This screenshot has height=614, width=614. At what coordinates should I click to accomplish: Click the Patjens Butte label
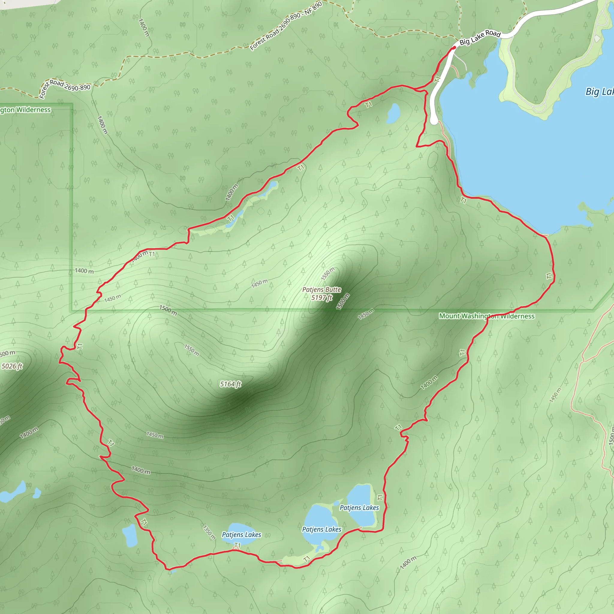[322, 290]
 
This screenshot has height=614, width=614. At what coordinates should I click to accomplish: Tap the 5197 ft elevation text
[322, 297]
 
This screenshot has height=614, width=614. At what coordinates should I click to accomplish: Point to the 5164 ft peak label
[231, 384]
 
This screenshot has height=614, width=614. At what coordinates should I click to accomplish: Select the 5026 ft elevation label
[12, 366]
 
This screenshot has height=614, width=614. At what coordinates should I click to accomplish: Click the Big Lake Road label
[480, 38]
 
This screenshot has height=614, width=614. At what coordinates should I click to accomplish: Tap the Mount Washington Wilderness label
[487, 316]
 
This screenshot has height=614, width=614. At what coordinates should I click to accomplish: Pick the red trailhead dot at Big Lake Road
[455, 48]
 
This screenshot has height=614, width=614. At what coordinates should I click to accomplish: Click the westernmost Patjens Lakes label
[242, 535]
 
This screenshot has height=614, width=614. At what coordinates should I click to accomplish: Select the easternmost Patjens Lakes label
[359, 508]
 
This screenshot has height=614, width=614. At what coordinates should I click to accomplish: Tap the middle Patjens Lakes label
[322, 529]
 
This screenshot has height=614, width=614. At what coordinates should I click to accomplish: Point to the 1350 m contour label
[209, 533]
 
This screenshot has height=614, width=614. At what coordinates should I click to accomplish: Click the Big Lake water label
[599, 91]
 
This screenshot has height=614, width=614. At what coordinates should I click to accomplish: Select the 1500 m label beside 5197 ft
[343, 301]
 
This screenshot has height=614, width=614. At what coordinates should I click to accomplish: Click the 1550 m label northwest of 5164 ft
[192, 350]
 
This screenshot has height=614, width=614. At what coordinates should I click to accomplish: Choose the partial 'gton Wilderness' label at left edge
[25, 110]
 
